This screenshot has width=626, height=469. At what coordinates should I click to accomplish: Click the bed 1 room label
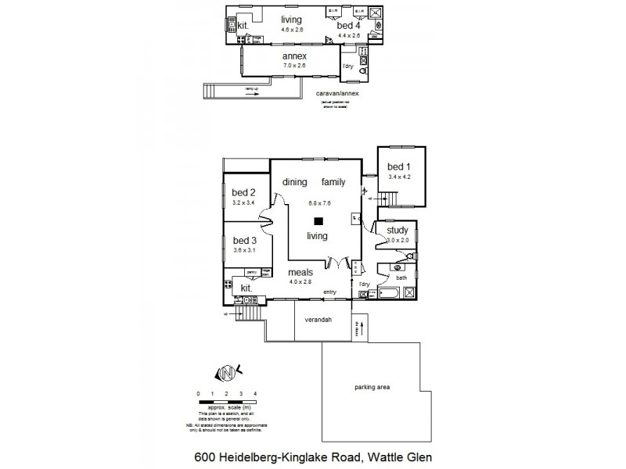tap(399, 166)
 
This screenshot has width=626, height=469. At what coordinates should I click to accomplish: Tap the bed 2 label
tap(243, 192)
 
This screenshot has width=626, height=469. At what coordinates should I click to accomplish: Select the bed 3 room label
tap(244, 240)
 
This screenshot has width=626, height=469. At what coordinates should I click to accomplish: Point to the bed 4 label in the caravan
tap(348, 26)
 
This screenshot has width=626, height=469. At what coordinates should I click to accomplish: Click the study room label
tap(398, 230)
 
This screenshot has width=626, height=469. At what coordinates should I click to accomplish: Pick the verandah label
tap(318, 319)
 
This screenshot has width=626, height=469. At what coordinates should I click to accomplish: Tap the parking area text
tap(372, 388)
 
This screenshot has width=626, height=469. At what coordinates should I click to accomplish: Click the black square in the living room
tap(318, 221)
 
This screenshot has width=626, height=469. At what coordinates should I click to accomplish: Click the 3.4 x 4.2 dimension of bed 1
tap(399, 177)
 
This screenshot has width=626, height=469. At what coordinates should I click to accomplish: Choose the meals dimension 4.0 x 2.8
tap(300, 281)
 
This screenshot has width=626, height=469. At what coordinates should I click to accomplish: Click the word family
tap(333, 181)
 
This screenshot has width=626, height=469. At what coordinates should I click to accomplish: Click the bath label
tap(401, 277)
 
